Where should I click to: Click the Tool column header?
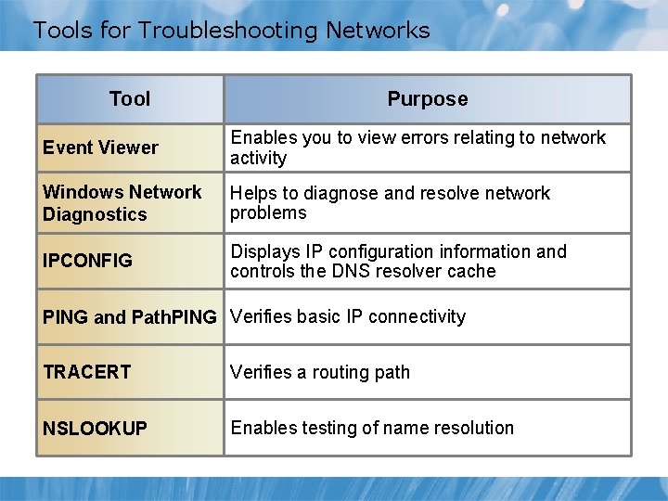tap(130, 98)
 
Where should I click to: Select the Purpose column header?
tap(427, 98)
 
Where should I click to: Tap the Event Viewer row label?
tap(100, 148)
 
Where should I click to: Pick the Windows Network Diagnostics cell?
tap(122, 203)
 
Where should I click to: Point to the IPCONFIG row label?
tap(87, 261)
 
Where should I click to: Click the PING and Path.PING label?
tap(129, 317)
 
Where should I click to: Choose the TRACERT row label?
tap(86, 372)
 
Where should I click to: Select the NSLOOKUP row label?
tap(95, 428)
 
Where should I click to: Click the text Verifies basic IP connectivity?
tap(348, 316)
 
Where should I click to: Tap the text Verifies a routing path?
tap(320, 372)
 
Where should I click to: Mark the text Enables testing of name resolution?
tap(372, 428)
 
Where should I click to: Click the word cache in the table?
tap(474, 271)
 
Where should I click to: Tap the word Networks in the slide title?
tap(378, 31)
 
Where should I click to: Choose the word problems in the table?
tap(268, 212)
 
